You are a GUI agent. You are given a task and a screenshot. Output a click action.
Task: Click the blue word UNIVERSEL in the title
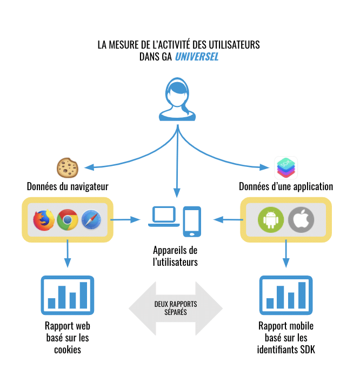pos(197,57)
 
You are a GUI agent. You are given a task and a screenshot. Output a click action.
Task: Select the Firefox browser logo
pos(44,219)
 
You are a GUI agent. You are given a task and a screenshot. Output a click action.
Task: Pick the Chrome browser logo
pos(68,219)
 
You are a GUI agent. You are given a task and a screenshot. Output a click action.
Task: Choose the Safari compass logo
pos(91,219)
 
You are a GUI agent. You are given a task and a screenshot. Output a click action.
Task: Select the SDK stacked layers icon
pos(286,167)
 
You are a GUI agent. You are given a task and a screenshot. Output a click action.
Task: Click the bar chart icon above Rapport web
pos(68,295)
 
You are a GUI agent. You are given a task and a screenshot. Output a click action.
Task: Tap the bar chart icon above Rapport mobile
pos(286,295)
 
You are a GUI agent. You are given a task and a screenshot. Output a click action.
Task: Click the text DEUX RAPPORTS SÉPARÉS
pos(176,308)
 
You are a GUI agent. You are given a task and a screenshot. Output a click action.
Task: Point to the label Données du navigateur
pos(68,187)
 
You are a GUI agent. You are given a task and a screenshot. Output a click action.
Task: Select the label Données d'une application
pos(286,187)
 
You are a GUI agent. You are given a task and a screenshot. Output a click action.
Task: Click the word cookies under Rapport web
pos(68,350)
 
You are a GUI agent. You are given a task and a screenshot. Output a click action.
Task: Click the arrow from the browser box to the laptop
pos(126,219)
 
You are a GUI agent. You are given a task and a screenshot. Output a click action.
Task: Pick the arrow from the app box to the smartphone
pos(228,219)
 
